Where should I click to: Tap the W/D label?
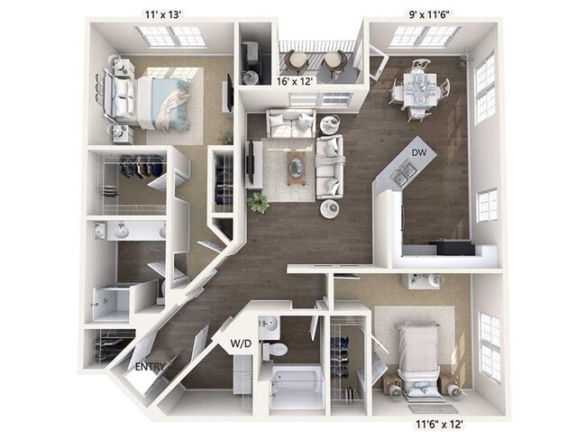pos(241,344)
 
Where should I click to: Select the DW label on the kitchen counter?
pos(419,153)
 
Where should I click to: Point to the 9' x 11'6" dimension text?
pos(426,13)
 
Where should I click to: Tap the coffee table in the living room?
pos(298,167)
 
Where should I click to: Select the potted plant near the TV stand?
pos(258,202)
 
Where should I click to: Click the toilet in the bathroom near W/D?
pos(279,346)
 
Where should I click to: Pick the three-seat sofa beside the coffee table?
pos(330,166)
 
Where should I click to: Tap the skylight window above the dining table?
pos(425,36)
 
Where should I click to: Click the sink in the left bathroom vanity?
pos(121,232)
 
